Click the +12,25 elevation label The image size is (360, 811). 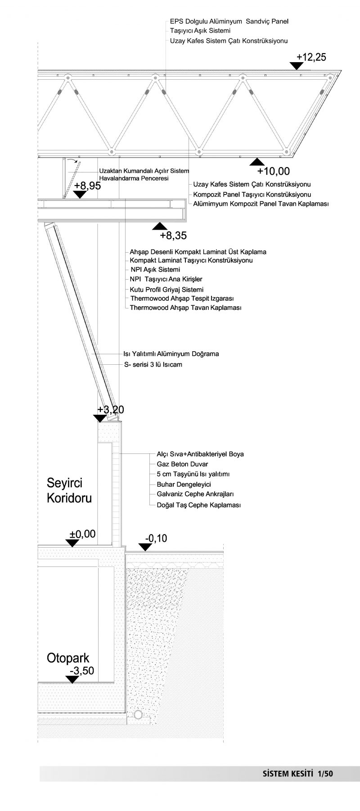(x=311, y=57)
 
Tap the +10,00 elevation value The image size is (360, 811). (x=273, y=171)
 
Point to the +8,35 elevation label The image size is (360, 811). (x=173, y=235)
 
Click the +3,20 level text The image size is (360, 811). (x=111, y=409)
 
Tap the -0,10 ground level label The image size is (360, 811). (x=156, y=538)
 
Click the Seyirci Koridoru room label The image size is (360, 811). (x=70, y=490)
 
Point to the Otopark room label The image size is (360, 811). (x=68, y=658)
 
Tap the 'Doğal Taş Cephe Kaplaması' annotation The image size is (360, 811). (x=198, y=505)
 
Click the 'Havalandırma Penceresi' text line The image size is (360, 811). (x=134, y=179)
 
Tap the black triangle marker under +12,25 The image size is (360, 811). (x=297, y=66)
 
